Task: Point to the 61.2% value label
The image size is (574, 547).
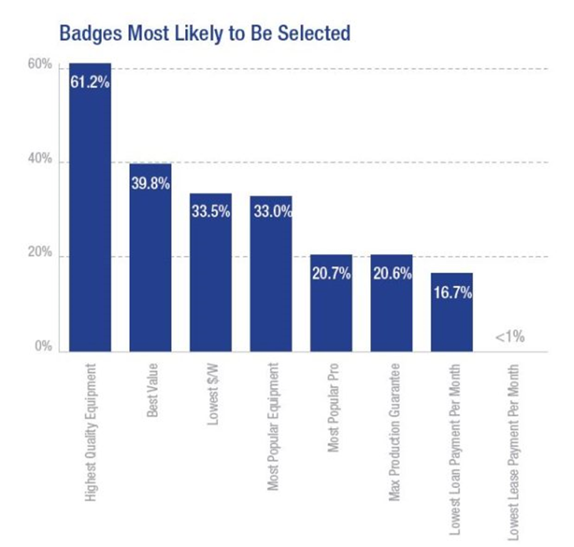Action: tap(90, 81)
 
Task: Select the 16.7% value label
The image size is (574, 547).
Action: tap(451, 293)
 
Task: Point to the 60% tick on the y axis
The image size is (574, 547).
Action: tap(43, 67)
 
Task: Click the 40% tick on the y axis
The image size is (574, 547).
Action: tap(43, 161)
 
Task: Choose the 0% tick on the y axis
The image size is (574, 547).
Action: tap(46, 347)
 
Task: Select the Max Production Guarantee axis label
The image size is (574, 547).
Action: tap(391, 424)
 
